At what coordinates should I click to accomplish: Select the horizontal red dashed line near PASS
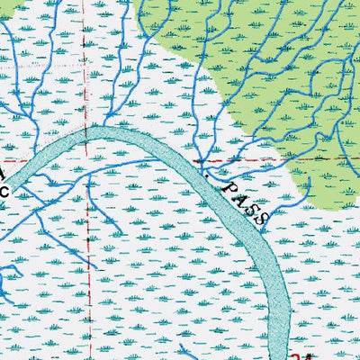[x=261, y=158]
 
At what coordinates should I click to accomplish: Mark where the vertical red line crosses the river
[x=88, y=136]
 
